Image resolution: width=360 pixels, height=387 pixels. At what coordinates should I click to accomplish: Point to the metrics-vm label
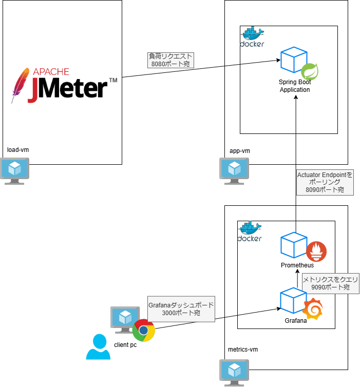click(242, 350)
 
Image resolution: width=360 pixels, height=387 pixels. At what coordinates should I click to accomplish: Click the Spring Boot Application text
click(295, 86)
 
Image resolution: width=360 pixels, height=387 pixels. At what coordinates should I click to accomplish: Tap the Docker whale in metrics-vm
click(250, 232)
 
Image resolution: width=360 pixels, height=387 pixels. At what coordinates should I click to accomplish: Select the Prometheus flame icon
click(316, 251)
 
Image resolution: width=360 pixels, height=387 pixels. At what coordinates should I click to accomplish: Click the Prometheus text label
click(297, 265)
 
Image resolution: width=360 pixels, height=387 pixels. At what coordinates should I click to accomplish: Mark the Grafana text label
click(295, 321)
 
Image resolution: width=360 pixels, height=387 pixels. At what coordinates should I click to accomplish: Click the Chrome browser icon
click(143, 330)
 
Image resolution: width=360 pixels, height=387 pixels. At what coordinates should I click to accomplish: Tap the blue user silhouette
click(98, 347)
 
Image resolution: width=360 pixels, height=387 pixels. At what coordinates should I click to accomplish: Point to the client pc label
click(125, 345)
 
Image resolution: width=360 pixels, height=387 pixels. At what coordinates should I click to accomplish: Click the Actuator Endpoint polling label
click(325, 182)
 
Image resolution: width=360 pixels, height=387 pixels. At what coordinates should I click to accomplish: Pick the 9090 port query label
click(330, 283)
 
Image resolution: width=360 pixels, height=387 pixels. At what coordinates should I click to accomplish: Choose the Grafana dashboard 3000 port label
click(181, 309)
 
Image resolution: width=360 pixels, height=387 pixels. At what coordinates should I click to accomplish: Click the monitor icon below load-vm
click(15, 171)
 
